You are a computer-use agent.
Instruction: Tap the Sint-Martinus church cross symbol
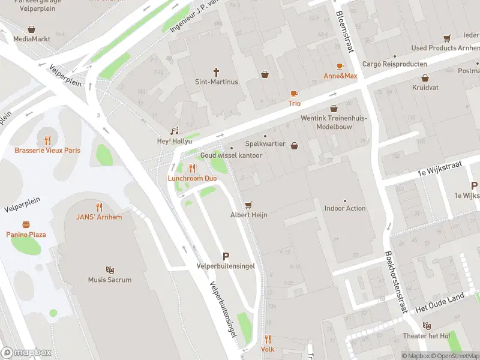tap(217, 71)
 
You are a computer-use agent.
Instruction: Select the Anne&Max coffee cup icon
tap(340, 66)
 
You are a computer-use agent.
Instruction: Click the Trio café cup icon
tap(294, 94)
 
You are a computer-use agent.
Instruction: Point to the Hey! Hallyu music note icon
tap(175, 131)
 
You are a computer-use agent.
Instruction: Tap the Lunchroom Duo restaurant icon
tap(192, 169)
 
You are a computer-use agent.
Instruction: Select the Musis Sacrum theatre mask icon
tap(110, 270)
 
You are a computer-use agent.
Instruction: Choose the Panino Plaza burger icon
tap(26, 224)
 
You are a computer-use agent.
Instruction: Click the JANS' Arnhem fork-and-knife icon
tap(99, 207)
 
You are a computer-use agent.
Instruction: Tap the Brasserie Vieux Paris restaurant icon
tap(47, 140)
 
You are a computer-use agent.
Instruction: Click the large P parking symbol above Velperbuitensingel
tap(226, 256)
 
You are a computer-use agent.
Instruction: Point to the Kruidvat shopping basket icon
tap(425, 78)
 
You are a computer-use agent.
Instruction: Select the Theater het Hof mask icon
tap(427, 326)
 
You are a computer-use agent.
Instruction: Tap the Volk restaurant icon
tap(268, 339)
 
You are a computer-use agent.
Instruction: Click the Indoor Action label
tap(345, 208)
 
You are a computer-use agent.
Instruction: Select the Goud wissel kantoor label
tap(232, 155)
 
